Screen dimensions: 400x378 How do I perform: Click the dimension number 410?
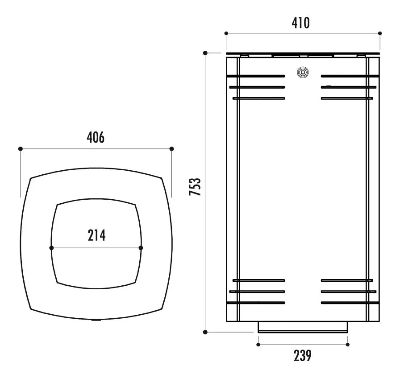[x=301, y=23]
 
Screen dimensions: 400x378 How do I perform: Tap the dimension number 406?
[x=96, y=138]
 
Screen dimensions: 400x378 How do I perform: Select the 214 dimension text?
[x=96, y=235]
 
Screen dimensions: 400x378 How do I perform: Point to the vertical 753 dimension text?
[x=195, y=187]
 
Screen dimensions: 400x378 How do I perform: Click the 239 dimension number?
[x=303, y=356]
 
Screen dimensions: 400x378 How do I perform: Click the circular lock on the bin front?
[x=303, y=72]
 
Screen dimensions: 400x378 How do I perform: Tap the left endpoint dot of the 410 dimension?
[x=226, y=33]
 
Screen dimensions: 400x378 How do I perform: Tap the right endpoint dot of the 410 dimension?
[x=380, y=33]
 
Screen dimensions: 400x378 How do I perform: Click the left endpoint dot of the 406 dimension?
[x=21, y=149]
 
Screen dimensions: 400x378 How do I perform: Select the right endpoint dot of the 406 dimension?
[x=172, y=149]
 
